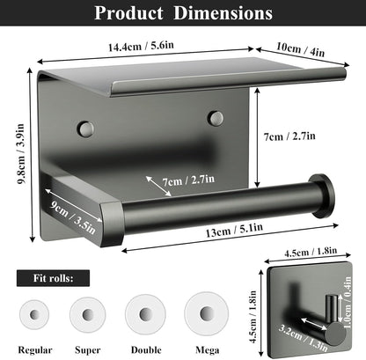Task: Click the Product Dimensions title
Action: (183, 13)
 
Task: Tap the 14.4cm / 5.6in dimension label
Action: (141, 46)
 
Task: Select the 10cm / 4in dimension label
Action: (301, 49)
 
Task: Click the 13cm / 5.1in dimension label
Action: (234, 230)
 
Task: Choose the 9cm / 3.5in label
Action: (72, 217)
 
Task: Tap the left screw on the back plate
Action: (86, 129)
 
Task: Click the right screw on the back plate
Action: (216, 118)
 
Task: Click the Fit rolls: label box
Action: (53, 278)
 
